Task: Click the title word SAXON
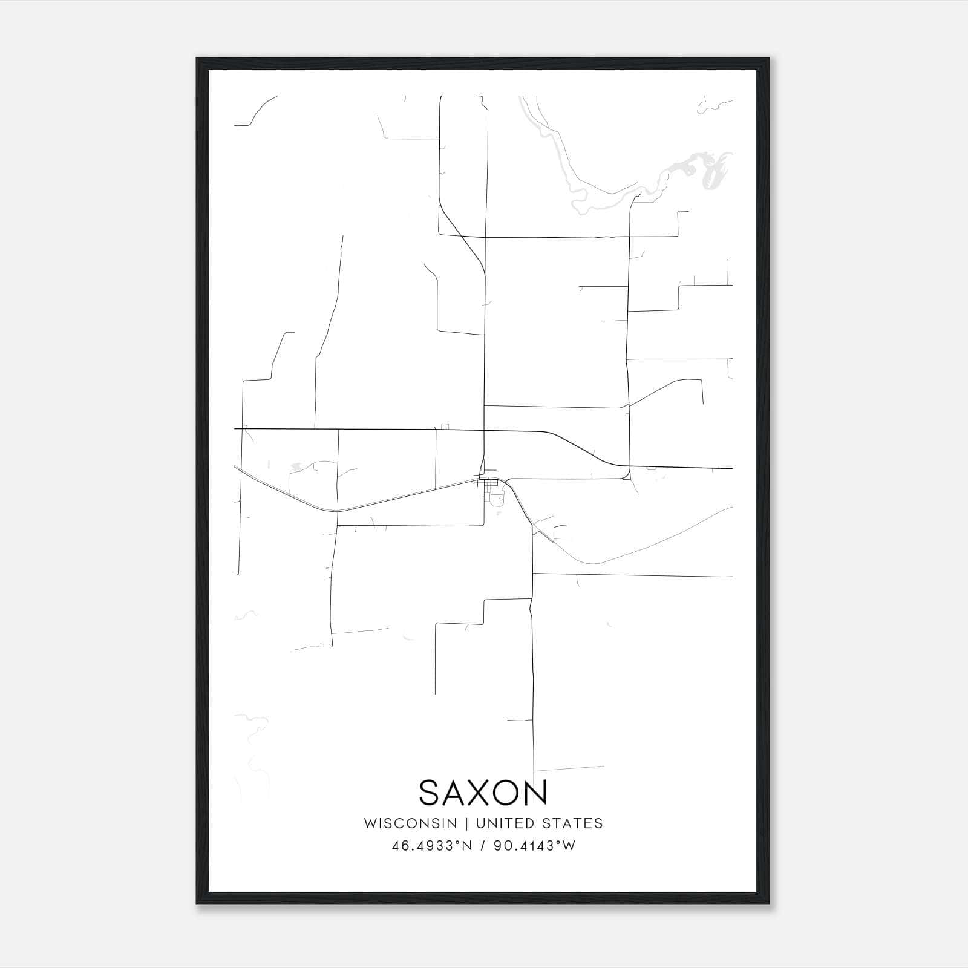click(483, 793)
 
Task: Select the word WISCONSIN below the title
click(410, 823)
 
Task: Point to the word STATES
click(572, 823)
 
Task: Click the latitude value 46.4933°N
click(431, 846)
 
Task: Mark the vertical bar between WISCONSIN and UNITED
click(466, 823)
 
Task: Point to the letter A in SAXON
click(455, 793)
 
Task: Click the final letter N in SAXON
click(537, 793)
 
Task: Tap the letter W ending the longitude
click(569, 846)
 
